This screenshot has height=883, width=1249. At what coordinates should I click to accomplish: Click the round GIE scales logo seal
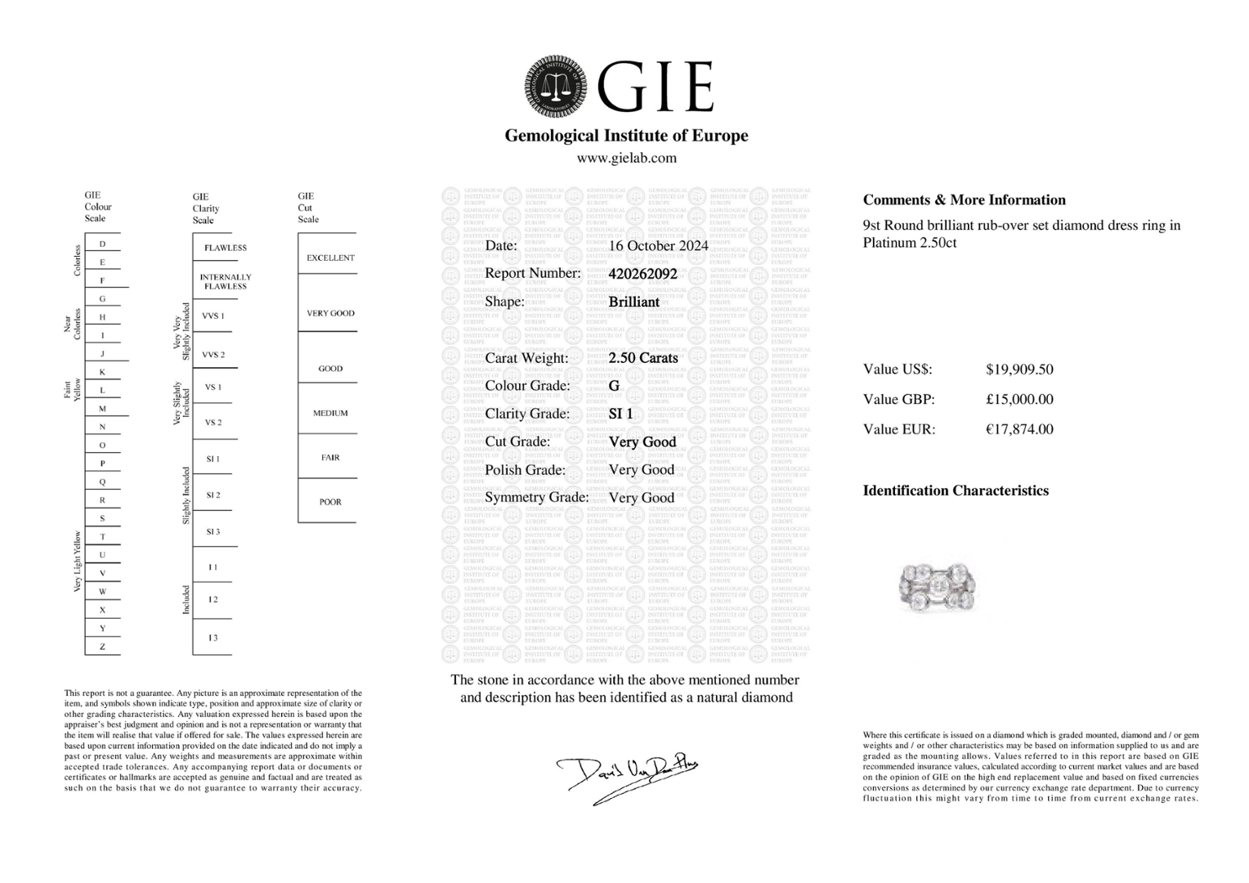point(556,87)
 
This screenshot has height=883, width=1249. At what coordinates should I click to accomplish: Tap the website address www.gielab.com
point(626,158)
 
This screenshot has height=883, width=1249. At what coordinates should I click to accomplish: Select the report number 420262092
point(642,274)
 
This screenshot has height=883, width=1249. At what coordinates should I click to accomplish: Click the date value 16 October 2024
point(658,245)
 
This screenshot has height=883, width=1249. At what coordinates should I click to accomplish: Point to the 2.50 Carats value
point(643,358)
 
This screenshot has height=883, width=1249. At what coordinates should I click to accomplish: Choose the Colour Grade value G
point(614,386)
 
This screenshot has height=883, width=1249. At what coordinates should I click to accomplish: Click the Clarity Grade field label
point(527,414)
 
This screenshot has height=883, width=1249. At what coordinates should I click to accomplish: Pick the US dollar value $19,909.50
point(1019,370)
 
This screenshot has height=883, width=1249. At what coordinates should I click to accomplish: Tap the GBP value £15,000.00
point(1019,400)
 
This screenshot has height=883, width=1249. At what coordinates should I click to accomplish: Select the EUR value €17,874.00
point(1019,429)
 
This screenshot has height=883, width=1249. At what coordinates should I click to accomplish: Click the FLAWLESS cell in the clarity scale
point(225,248)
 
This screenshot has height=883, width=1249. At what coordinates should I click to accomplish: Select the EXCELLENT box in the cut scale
point(330,258)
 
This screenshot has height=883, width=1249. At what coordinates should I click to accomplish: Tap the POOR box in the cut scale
point(330,502)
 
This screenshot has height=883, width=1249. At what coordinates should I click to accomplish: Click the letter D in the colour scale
point(102,244)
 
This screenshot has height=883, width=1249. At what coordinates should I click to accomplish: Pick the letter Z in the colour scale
point(102,647)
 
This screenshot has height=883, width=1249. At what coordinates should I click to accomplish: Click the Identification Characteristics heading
point(956,491)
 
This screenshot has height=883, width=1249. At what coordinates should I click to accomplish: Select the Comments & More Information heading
point(964,200)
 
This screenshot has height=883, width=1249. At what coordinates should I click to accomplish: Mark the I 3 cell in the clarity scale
point(213,638)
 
